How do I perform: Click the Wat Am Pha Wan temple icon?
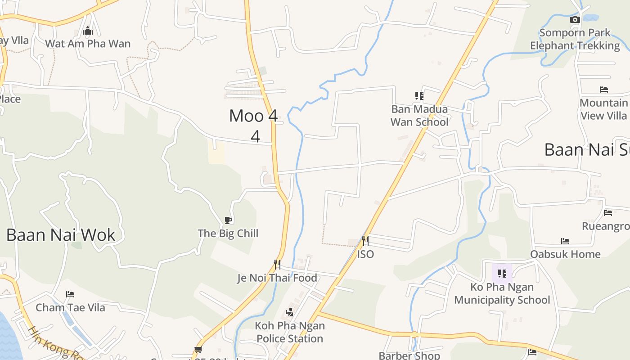pos(88,31)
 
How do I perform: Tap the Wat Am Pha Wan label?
pos(88,44)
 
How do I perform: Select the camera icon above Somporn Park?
pos(575,19)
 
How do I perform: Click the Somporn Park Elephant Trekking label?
pos(575,39)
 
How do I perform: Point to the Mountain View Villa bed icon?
pos(603,90)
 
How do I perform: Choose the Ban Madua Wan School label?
pos(419,116)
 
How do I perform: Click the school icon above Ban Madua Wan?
pos(419,95)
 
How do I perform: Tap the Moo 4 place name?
pos(253,116)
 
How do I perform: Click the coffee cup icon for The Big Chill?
pos(228,220)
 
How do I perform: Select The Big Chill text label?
pos(228,233)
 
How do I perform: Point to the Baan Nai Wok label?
pos(61,235)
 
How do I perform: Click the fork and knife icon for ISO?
pos(365,241)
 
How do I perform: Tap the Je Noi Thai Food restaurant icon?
pos(277,264)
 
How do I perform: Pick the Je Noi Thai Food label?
pos(277,278)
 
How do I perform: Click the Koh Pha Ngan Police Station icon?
pos(290,312)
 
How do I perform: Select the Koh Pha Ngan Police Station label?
pos(290,332)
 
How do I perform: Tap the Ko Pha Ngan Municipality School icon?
pos(502,273)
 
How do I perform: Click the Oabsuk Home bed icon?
pos(565,241)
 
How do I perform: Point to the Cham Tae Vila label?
pos(70,307)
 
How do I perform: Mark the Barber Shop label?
pos(409,355)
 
